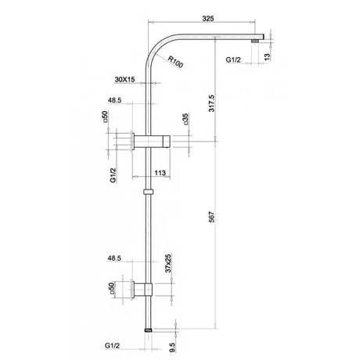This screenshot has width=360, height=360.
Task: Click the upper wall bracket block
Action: point(153,142)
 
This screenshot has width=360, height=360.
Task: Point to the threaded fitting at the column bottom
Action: point(149,331)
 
